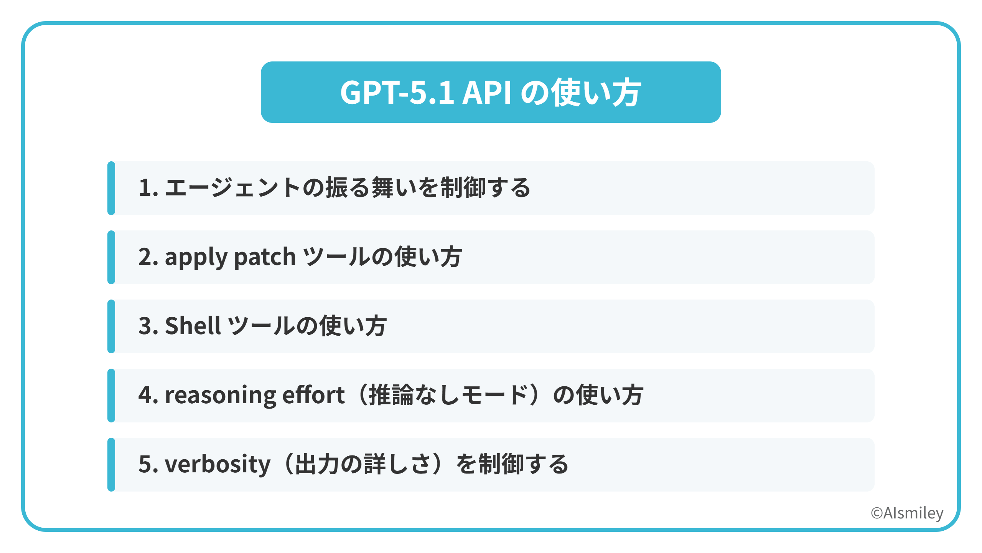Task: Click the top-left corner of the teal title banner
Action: (262, 62)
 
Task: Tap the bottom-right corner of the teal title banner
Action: (720, 122)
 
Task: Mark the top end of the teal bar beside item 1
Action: (111, 162)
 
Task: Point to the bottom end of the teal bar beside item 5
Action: (111, 491)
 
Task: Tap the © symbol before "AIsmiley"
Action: (877, 513)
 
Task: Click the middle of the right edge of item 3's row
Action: (874, 326)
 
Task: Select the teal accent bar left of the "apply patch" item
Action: (111, 257)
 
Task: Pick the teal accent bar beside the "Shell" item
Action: (111, 326)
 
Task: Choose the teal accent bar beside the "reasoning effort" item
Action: (111, 396)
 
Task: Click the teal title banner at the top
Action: (491, 92)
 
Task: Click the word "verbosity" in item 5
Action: (217, 465)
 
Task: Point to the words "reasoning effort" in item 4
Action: (255, 396)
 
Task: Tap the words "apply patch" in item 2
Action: (230, 257)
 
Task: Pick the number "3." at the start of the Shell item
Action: (148, 326)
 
